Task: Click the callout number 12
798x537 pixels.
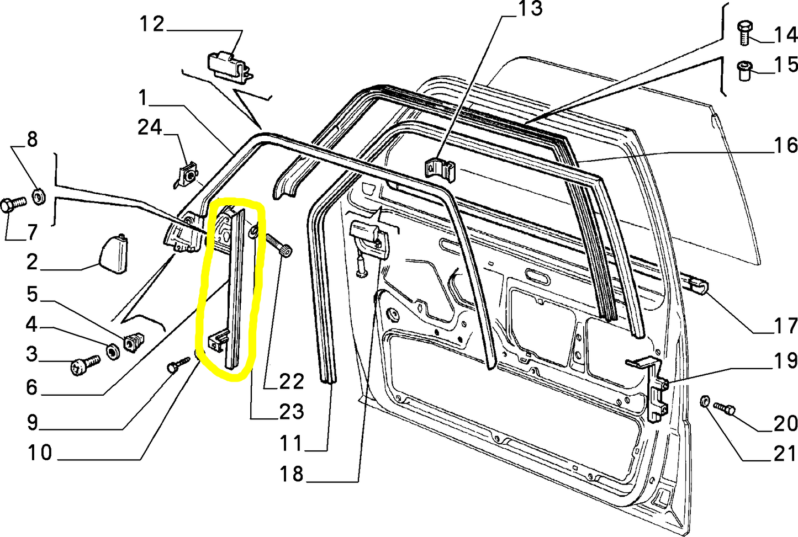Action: (x=151, y=24)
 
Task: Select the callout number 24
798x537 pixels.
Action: (x=150, y=127)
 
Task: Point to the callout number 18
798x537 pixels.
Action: (x=291, y=474)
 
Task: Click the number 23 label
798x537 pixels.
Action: (x=291, y=411)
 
